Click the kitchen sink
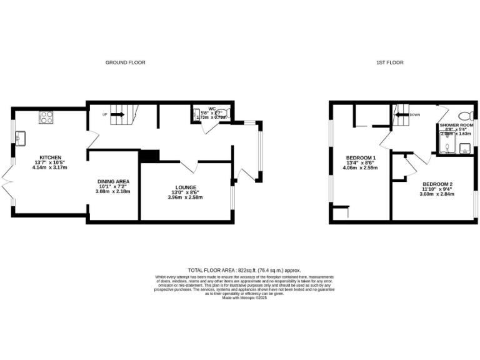[21, 136]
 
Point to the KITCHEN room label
[49, 157]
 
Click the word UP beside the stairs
[104, 114]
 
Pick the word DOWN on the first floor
[415, 114]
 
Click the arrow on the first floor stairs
[399, 114]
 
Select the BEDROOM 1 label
[361, 157]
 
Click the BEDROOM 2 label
[436, 184]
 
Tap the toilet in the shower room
[464, 117]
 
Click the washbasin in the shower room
[465, 147]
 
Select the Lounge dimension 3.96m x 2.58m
[185, 197]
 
